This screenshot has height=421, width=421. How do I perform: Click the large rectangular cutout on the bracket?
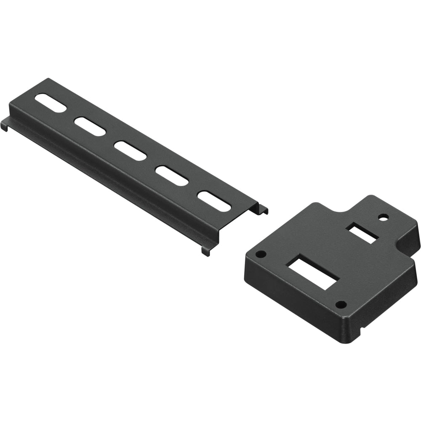coord(313,274)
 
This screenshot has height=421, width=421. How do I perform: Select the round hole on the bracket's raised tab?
coord(383,218)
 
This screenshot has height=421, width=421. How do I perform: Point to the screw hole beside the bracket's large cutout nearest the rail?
coord(261,254)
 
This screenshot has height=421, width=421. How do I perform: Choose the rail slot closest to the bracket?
coord(215,201)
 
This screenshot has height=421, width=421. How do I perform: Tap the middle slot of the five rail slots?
coord(131,151)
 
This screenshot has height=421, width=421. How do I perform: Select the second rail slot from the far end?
coord(90,126)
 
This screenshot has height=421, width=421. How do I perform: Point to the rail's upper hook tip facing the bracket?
coord(264,209)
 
